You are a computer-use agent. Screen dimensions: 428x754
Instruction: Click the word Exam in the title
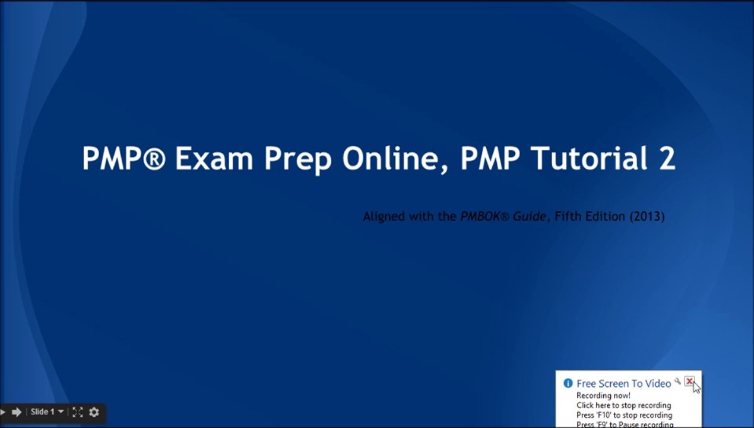[214, 159]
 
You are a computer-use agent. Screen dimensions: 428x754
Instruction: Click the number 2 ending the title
[667, 159]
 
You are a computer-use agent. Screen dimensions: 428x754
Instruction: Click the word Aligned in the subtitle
[383, 216]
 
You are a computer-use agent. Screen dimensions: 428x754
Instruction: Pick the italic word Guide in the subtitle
[530, 216]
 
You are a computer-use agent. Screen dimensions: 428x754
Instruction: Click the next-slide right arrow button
[17, 412]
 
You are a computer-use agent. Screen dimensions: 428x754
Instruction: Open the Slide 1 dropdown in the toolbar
[47, 412]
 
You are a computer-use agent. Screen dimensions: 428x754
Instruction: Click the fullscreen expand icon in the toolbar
[77, 412]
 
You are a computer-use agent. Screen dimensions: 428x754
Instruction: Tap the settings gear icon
[94, 412]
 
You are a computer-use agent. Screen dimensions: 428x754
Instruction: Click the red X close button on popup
[689, 382]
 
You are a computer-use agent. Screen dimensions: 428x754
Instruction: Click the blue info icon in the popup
[568, 383]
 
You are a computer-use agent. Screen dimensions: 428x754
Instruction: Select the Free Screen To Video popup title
[623, 383]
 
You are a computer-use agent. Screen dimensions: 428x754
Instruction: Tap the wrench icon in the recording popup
[677, 382]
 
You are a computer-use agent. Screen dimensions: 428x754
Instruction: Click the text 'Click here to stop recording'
[623, 405]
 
